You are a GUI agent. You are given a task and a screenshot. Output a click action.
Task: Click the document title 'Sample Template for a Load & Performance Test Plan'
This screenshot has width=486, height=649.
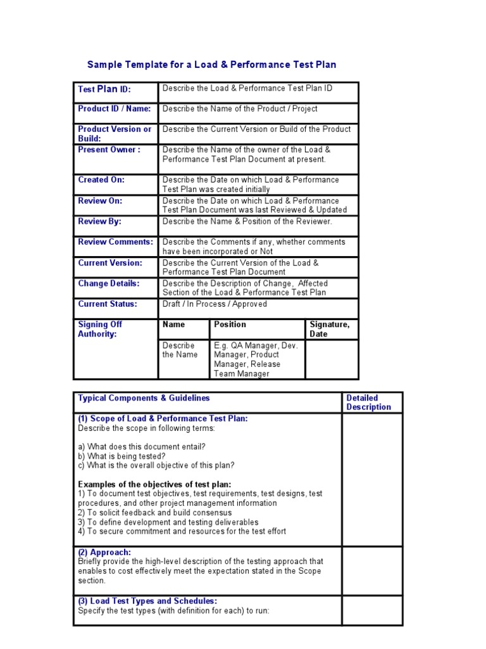coord(211,65)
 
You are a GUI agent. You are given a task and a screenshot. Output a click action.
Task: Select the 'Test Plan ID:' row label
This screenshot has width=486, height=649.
coord(104,89)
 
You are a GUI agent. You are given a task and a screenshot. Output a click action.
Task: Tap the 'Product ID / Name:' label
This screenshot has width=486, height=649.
coord(115,109)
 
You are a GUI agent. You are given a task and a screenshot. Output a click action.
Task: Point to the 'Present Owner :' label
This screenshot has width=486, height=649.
coord(109,150)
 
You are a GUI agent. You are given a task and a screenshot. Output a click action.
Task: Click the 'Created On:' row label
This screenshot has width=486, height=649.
coord(101,180)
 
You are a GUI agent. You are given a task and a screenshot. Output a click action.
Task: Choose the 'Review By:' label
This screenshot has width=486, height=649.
coord(99,222)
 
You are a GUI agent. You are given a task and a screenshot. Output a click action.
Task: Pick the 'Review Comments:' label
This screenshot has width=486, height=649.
coord(115,242)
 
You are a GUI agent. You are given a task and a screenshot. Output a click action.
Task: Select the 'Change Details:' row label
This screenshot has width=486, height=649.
coord(108,284)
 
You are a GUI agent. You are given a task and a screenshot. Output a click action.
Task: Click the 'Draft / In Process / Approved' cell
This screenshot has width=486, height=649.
coord(215,304)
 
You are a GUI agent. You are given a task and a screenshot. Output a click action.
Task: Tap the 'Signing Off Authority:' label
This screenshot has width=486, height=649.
coord(100,329)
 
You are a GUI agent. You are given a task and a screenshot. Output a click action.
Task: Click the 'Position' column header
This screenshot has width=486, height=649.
coord(230,324)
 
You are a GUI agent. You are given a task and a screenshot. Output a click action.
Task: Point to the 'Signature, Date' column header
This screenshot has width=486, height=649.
coord(329,329)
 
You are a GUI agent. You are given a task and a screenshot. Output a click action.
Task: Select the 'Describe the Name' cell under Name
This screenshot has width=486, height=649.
coord(180,350)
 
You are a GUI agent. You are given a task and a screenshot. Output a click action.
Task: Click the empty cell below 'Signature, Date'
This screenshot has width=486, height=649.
coord(332,359)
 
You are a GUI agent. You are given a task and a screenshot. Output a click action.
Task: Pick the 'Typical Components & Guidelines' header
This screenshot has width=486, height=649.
coord(144,398)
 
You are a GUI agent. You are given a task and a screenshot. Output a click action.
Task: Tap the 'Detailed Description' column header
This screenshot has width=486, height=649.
coord(368,402)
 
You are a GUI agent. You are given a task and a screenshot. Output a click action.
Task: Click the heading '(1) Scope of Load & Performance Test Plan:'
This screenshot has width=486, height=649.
coord(163,418)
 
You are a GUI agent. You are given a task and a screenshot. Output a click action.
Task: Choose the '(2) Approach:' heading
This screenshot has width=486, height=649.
coord(104,553)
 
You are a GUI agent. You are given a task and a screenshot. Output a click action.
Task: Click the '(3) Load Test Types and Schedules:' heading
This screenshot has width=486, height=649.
coord(147,601)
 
